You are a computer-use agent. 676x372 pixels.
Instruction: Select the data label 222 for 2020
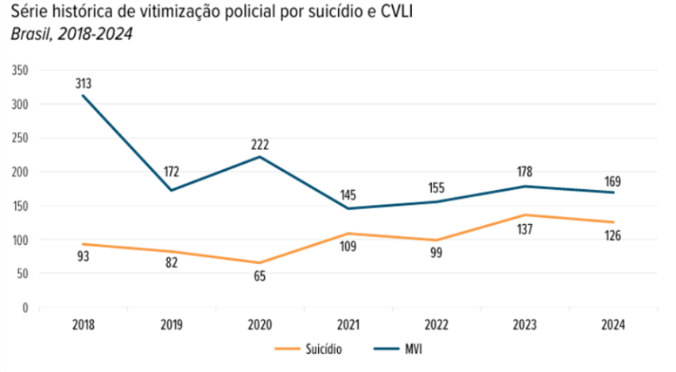pos(259,145)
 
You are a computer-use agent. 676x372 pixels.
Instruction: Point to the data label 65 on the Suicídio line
pos(259,276)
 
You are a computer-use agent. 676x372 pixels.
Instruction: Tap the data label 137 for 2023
pos(525,231)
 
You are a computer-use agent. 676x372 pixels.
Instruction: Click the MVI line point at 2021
pos(348,208)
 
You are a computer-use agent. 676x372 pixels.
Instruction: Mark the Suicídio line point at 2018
pos(83,244)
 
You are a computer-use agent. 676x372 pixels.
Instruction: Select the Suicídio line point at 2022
pos(437,240)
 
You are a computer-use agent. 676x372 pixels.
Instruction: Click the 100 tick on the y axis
pos(21,239)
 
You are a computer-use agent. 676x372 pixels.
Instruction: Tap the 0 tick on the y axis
pos(25,307)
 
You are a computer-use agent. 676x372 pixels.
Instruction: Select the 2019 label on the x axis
pos(171,324)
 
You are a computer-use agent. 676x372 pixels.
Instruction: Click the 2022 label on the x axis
pos(437,324)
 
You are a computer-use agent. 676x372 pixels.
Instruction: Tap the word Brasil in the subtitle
pos(28,33)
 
